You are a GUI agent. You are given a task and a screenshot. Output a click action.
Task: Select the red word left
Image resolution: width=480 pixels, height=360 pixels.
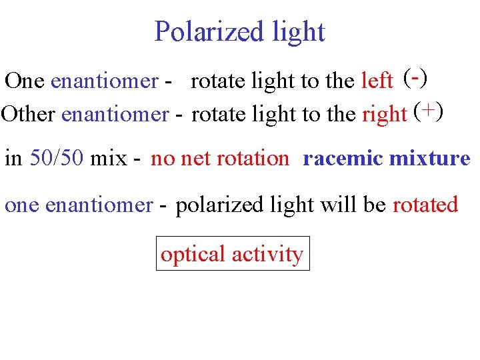(377, 81)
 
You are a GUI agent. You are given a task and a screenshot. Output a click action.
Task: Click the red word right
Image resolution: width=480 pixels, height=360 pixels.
(384, 115)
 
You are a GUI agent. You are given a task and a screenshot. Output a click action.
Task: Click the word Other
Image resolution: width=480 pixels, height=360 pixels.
(29, 114)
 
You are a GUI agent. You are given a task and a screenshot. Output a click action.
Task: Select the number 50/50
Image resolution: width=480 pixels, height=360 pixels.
(57, 159)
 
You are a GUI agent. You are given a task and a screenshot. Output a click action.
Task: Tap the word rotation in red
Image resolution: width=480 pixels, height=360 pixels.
(253, 159)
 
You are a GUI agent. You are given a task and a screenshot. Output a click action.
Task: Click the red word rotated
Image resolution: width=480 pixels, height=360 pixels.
(425, 204)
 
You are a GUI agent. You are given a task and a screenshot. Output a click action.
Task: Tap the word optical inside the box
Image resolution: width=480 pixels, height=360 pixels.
(193, 254)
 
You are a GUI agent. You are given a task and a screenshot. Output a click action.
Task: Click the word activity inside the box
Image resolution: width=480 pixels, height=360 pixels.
(267, 254)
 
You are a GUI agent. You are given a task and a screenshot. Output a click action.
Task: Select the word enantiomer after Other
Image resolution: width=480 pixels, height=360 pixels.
(114, 115)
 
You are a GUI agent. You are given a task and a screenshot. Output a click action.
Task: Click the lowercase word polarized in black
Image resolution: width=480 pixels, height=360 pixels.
(220, 204)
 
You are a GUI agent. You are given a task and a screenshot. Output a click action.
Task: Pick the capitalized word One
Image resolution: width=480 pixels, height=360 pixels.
(25, 81)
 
